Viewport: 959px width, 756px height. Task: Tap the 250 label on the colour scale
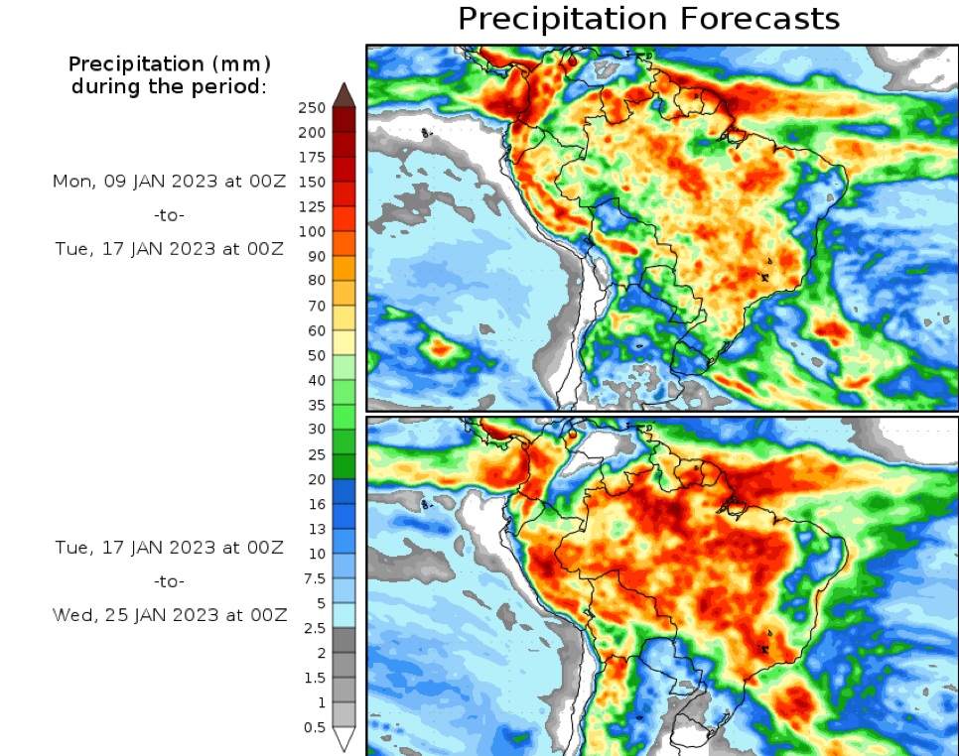tap(313, 107)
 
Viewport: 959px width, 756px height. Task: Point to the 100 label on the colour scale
tap(313, 231)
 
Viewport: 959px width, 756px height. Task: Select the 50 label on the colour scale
tap(317, 355)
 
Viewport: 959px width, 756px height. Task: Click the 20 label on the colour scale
tap(317, 479)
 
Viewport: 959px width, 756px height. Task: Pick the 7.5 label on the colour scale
tap(313, 578)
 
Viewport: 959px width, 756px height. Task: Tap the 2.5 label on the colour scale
tap(313, 628)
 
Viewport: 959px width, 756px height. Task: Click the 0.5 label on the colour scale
tap(313, 727)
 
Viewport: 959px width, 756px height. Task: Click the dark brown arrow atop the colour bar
tap(343, 95)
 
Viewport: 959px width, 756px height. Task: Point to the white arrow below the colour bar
tap(343, 739)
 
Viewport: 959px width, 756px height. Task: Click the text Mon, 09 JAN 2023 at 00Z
tap(169, 182)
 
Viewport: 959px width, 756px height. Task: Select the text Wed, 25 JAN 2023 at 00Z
tap(169, 615)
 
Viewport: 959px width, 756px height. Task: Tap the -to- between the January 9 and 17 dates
tap(169, 215)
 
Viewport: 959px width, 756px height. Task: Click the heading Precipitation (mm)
tap(169, 64)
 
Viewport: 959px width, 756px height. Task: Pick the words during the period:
tap(169, 86)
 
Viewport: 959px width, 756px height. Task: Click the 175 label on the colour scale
tap(313, 157)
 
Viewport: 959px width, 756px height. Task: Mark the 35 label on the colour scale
tap(317, 405)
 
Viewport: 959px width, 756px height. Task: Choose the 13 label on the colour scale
tap(317, 529)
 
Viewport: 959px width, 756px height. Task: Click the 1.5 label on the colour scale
tap(313, 678)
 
